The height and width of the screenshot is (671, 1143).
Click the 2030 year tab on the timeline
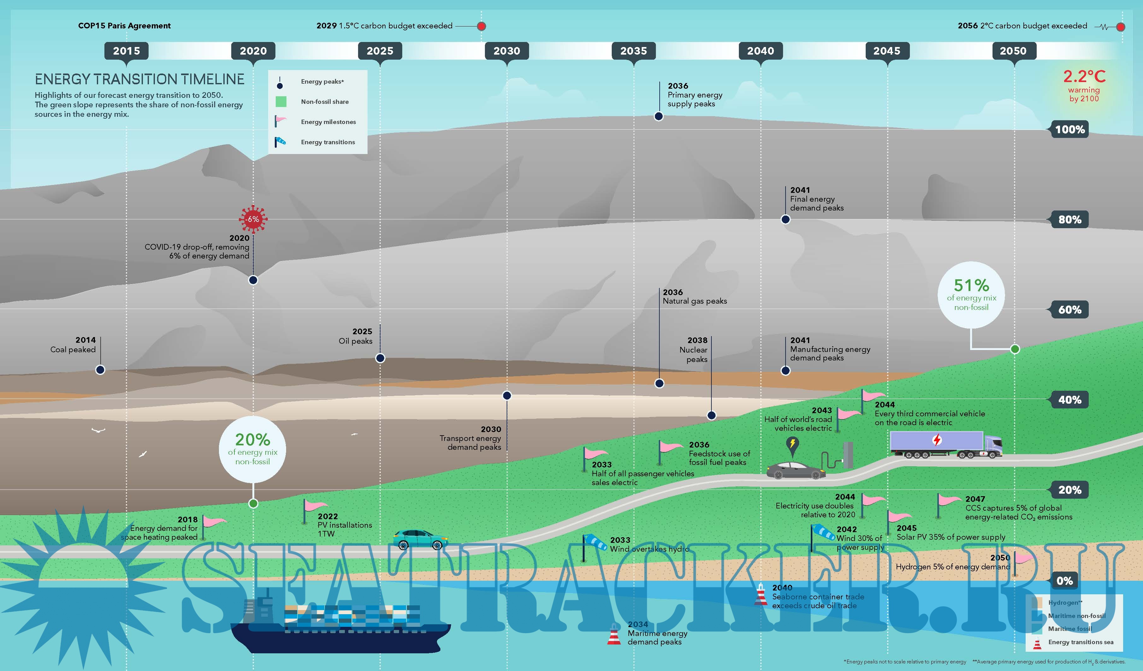click(x=507, y=51)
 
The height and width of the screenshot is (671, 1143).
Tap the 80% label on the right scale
click(x=1069, y=220)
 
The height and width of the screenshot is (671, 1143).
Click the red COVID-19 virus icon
click(x=253, y=219)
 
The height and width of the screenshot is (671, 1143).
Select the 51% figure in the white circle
click(x=971, y=285)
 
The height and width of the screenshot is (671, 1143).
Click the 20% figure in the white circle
click(x=252, y=440)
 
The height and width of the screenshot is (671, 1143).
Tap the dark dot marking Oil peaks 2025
click(x=380, y=358)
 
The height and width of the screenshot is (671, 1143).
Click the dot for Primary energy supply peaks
click(x=659, y=116)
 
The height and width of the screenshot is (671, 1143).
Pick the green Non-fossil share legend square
click(x=281, y=102)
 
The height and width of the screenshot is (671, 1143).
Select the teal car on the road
click(x=420, y=538)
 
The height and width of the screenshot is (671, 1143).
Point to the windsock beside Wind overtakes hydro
click(x=595, y=542)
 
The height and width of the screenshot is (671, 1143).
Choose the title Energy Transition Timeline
click(x=139, y=80)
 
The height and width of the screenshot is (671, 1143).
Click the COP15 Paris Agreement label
click(x=124, y=26)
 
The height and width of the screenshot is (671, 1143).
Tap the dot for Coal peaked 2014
click(x=100, y=370)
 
